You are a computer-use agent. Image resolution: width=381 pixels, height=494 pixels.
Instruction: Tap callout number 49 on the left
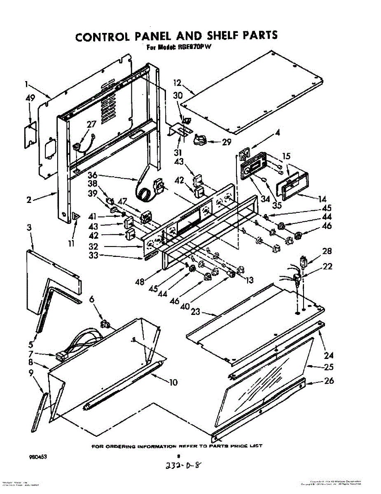[x=30, y=98]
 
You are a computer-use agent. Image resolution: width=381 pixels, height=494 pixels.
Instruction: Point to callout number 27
[x=91, y=124]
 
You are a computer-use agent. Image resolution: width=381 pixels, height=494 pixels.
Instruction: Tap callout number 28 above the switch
[x=327, y=251]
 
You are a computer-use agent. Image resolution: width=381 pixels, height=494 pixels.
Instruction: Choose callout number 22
[x=328, y=266]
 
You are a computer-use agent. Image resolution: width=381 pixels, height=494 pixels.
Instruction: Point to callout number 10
[x=173, y=383]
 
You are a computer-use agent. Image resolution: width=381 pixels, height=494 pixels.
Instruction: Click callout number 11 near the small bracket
[x=71, y=244]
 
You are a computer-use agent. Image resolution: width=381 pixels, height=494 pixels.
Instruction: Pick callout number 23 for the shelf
[x=195, y=312]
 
